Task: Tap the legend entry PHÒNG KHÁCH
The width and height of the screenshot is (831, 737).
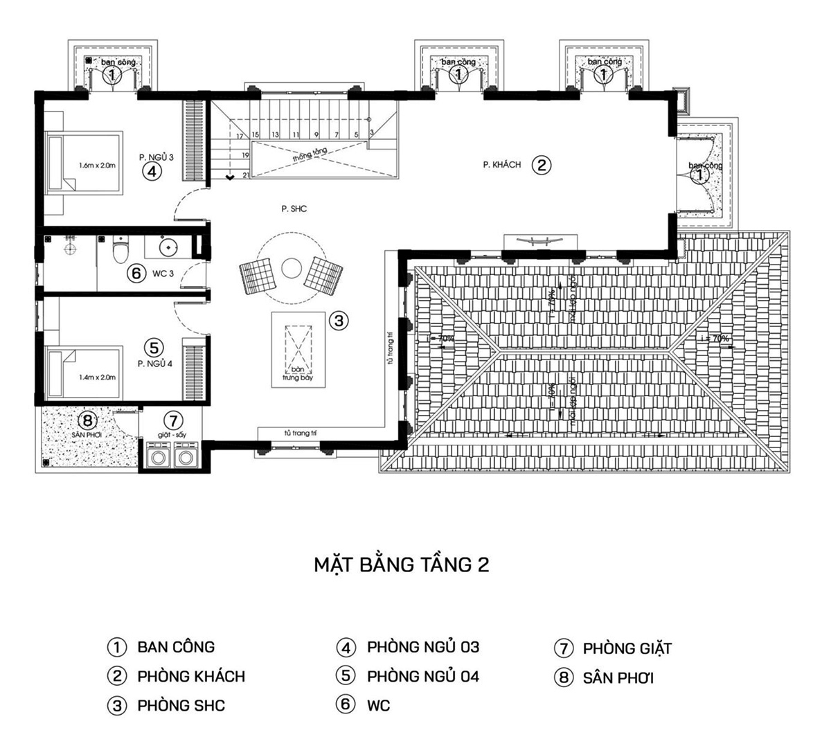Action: point(190,676)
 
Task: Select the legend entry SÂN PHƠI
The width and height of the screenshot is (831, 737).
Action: point(618,678)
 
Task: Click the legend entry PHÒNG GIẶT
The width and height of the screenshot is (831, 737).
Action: point(627,649)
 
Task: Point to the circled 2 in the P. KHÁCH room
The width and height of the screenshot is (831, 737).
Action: point(542,165)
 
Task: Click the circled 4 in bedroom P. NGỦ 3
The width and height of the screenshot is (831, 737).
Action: point(152,171)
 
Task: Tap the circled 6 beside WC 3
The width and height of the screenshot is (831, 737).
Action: point(136,274)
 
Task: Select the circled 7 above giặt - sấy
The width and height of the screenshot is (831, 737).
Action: point(173,420)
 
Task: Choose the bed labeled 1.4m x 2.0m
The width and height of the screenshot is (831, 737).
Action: point(82,377)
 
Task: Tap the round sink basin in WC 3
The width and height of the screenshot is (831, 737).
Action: point(168,247)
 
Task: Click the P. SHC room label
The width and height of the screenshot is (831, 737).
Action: point(294,208)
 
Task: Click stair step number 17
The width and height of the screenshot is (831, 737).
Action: point(240,136)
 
